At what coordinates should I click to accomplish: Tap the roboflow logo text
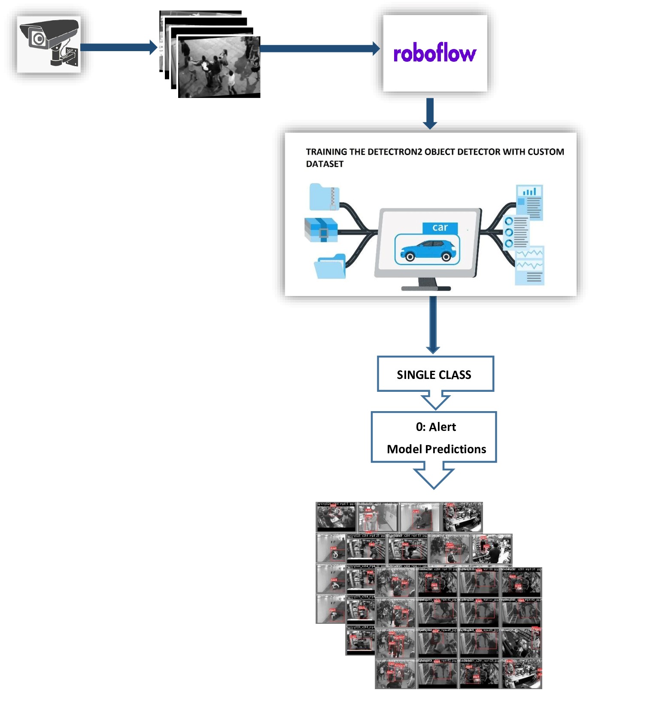point(434,54)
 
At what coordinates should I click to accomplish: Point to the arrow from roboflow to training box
point(430,113)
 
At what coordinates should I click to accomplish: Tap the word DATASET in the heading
point(325,164)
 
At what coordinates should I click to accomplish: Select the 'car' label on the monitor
point(440,227)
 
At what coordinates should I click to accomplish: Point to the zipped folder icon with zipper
point(324,197)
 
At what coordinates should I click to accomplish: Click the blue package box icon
point(321,230)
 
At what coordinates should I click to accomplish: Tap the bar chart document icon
point(529,202)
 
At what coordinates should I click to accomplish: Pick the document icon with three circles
point(516,232)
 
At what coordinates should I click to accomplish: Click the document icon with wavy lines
point(529,266)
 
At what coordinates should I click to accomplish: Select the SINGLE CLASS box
point(435,374)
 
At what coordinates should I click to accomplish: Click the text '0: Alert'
point(435,427)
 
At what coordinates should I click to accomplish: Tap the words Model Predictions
point(436,449)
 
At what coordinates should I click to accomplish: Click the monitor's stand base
point(426,287)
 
